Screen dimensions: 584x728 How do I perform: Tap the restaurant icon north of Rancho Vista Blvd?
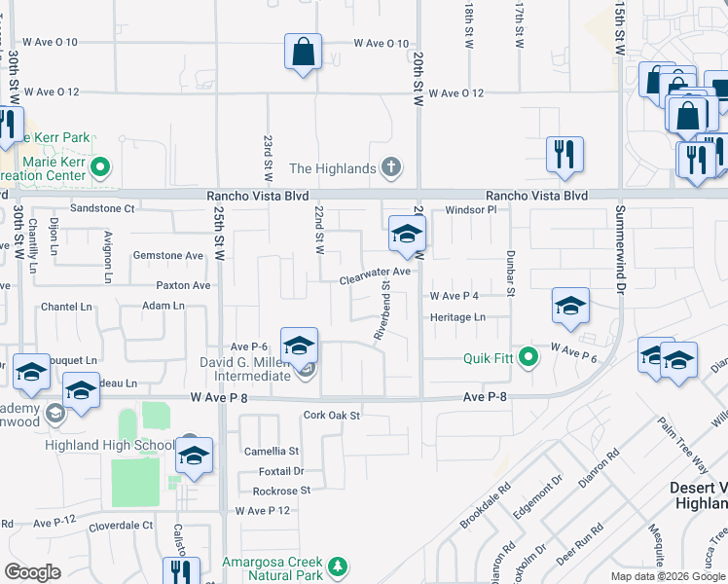[x=564, y=154]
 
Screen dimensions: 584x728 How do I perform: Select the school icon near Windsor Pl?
[x=407, y=233]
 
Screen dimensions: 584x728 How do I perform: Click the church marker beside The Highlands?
[x=390, y=168]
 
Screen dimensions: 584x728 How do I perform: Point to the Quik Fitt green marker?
[x=528, y=357]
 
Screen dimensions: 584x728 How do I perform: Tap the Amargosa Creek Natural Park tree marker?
[x=338, y=566]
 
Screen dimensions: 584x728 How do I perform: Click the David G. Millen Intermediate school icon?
[x=300, y=346]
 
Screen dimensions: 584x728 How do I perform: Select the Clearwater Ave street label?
[x=375, y=279]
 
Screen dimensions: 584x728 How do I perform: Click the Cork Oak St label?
[x=332, y=416]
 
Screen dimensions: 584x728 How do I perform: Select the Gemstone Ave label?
[x=168, y=256]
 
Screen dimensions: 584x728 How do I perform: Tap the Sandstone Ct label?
[x=102, y=208]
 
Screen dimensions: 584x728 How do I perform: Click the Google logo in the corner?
[x=32, y=571]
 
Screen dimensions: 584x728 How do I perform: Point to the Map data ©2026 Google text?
[x=667, y=576]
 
